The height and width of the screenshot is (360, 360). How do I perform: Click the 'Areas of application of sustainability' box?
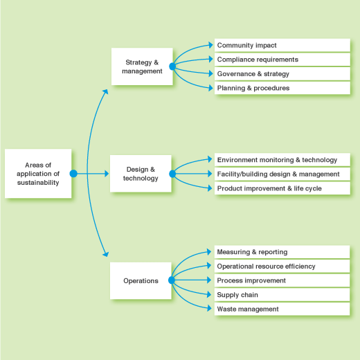[38, 174]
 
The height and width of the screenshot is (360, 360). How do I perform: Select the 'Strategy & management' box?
[142, 66]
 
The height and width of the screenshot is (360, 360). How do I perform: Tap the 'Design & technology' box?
[141, 174]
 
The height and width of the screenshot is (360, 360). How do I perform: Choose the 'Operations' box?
[141, 280]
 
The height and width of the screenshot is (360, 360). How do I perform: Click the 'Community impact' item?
[282, 45]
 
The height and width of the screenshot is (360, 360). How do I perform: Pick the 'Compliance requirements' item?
[282, 60]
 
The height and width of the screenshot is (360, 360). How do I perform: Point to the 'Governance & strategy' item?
[282, 74]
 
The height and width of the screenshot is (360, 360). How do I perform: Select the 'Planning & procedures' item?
[282, 88]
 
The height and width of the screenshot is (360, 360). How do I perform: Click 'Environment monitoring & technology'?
[282, 160]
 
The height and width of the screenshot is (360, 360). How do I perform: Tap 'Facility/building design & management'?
[282, 174]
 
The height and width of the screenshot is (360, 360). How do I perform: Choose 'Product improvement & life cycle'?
[282, 188]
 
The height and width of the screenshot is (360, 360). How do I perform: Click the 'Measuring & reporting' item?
[282, 252]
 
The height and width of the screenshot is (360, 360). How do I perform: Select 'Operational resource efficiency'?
[282, 267]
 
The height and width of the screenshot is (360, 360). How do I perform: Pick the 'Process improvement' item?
[282, 280]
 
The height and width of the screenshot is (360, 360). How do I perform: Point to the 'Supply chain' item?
[282, 295]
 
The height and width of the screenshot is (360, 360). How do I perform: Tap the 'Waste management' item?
[282, 309]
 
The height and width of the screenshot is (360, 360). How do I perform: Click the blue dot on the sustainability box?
[73, 174]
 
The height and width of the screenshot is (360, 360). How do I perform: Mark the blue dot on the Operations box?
[172, 280]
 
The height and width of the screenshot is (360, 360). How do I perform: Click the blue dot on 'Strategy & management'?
[172, 66]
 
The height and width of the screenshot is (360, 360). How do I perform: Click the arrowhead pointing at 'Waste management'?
[209, 308]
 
